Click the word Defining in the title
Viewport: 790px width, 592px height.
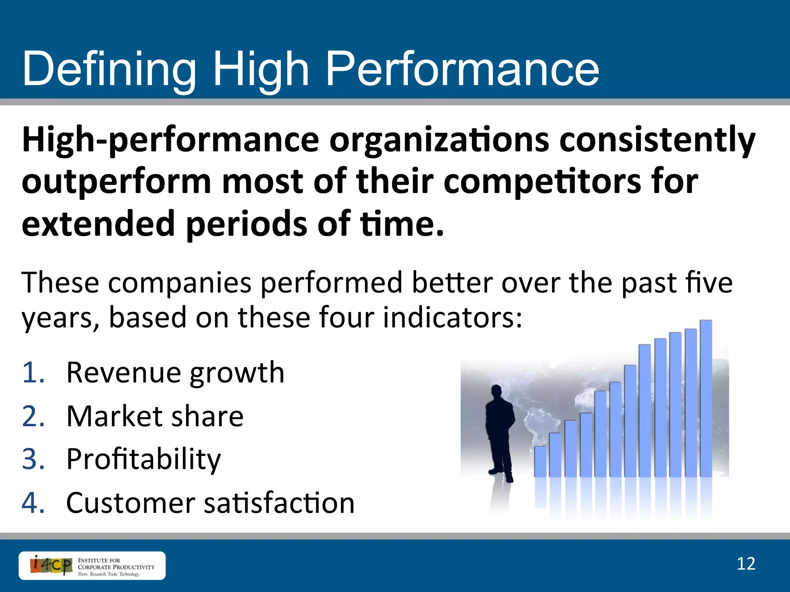(x=109, y=69)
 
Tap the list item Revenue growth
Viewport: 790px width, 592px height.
(x=176, y=373)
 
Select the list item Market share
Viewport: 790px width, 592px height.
(x=155, y=417)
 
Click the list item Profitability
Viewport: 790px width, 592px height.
(x=143, y=459)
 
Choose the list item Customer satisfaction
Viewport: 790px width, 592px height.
(x=210, y=503)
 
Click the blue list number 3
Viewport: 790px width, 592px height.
(x=33, y=459)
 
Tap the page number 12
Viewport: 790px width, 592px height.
(x=746, y=564)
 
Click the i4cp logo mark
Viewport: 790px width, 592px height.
(x=51, y=565)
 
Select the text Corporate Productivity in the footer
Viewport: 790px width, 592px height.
(x=116, y=567)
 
